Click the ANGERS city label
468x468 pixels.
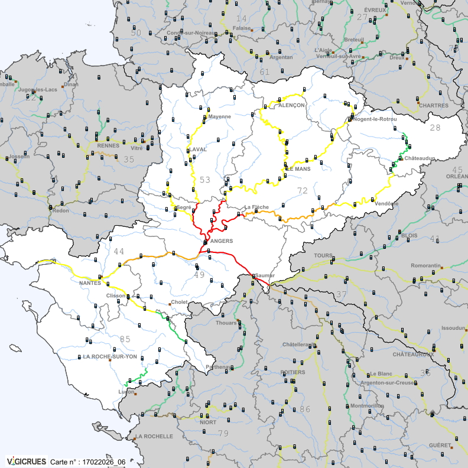point(222,241)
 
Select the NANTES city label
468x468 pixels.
point(90,283)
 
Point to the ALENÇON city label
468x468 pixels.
point(292,105)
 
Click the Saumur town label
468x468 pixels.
point(265,276)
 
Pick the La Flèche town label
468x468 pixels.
point(256,207)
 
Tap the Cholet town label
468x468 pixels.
point(180,303)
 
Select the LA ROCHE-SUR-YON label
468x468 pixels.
point(110,357)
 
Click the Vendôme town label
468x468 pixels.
point(386,204)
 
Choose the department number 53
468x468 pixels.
point(204,180)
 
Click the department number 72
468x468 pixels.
point(303,190)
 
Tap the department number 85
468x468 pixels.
point(125,339)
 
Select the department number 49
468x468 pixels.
point(199,274)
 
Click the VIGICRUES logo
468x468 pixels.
point(26,461)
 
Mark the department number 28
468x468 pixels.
point(435,128)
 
